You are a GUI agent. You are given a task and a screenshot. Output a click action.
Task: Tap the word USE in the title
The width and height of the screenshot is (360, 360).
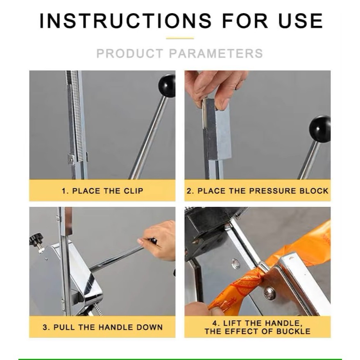click(301, 21)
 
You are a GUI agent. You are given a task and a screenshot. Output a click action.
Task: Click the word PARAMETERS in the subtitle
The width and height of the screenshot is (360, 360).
click(216, 54)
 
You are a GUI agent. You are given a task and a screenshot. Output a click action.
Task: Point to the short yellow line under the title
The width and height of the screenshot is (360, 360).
click(180, 38)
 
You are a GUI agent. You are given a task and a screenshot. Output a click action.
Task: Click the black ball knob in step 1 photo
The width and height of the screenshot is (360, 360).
click(167, 86)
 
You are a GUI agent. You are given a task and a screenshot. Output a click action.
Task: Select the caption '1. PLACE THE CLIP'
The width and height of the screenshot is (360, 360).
click(102, 191)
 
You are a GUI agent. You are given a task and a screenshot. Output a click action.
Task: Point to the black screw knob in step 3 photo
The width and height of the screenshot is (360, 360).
click(37, 240)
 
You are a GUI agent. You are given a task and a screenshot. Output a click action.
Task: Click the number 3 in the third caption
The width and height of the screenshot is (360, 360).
click(45, 327)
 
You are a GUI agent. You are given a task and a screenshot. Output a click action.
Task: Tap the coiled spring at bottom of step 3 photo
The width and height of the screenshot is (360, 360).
click(97, 309)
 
